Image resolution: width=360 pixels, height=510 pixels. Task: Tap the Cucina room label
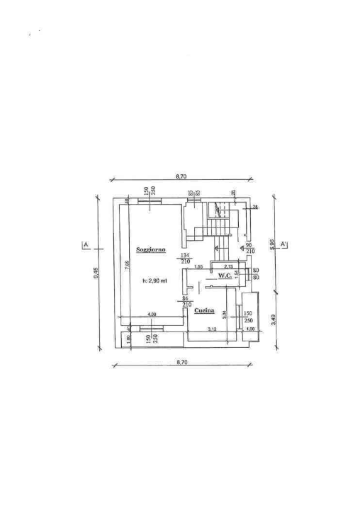coord(205,310)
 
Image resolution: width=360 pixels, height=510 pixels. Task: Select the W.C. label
coord(225,276)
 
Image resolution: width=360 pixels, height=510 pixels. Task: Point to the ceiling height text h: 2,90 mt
coord(154,281)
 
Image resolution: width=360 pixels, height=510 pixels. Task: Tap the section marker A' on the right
coord(283,244)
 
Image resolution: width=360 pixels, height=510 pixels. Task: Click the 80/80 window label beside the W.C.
coord(256,273)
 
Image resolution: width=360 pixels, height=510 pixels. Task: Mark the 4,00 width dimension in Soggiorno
coord(151,314)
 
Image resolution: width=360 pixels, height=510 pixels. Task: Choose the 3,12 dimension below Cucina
coord(211,329)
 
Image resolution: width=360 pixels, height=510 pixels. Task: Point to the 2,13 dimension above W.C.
coord(228,266)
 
